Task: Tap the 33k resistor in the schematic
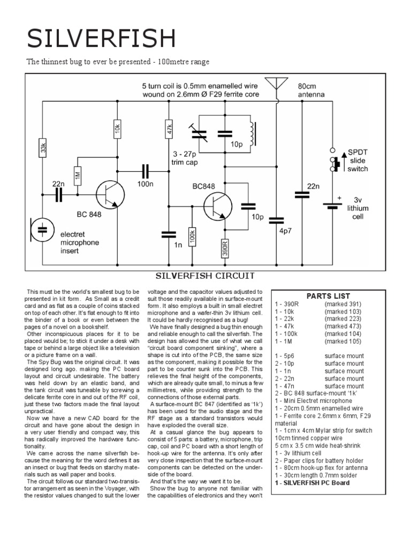click(43, 149)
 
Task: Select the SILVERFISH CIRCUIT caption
click(204, 276)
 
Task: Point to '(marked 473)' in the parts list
click(342, 325)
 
